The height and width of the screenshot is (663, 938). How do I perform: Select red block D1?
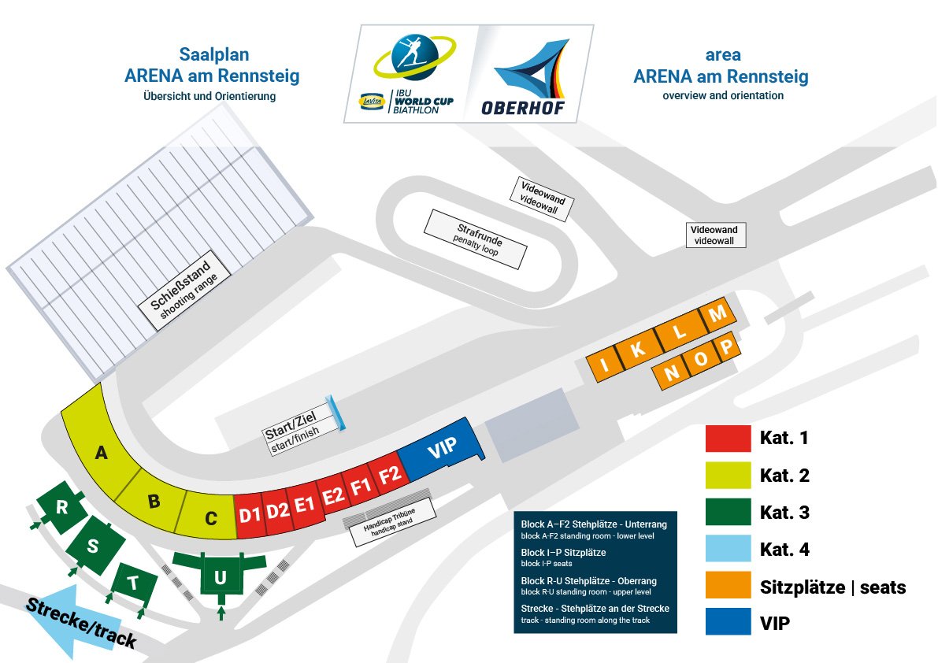point(250,516)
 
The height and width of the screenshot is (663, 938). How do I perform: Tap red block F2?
point(390,475)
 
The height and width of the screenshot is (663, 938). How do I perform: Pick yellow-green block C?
point(210,517)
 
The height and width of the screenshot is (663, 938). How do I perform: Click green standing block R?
point(61,508)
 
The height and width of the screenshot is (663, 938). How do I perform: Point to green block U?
point(221,578)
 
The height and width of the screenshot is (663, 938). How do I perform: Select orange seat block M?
point(717,314)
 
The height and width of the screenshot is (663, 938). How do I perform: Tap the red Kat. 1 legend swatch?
point(727,438)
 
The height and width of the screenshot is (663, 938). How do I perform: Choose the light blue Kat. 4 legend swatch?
point(727,550)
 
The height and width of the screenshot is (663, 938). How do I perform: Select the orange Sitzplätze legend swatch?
point(727,587)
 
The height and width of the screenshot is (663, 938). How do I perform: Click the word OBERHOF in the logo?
point(523,108)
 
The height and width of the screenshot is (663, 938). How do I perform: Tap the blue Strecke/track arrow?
point(71,621)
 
